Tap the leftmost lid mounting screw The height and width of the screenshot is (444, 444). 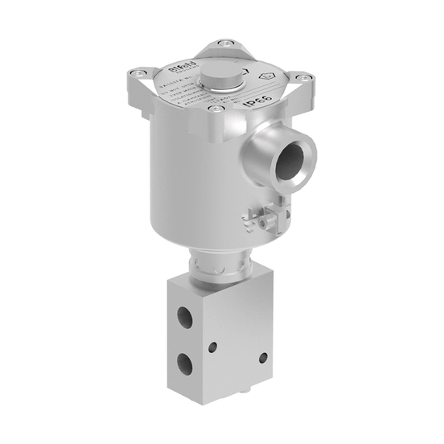pyautogui.click(x=142, y=75)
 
